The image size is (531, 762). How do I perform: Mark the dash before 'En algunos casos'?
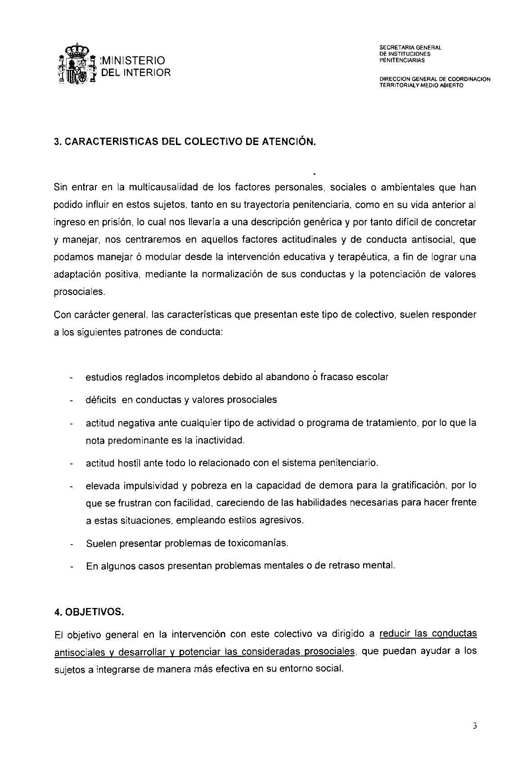72,567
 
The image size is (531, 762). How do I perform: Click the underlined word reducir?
396,634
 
